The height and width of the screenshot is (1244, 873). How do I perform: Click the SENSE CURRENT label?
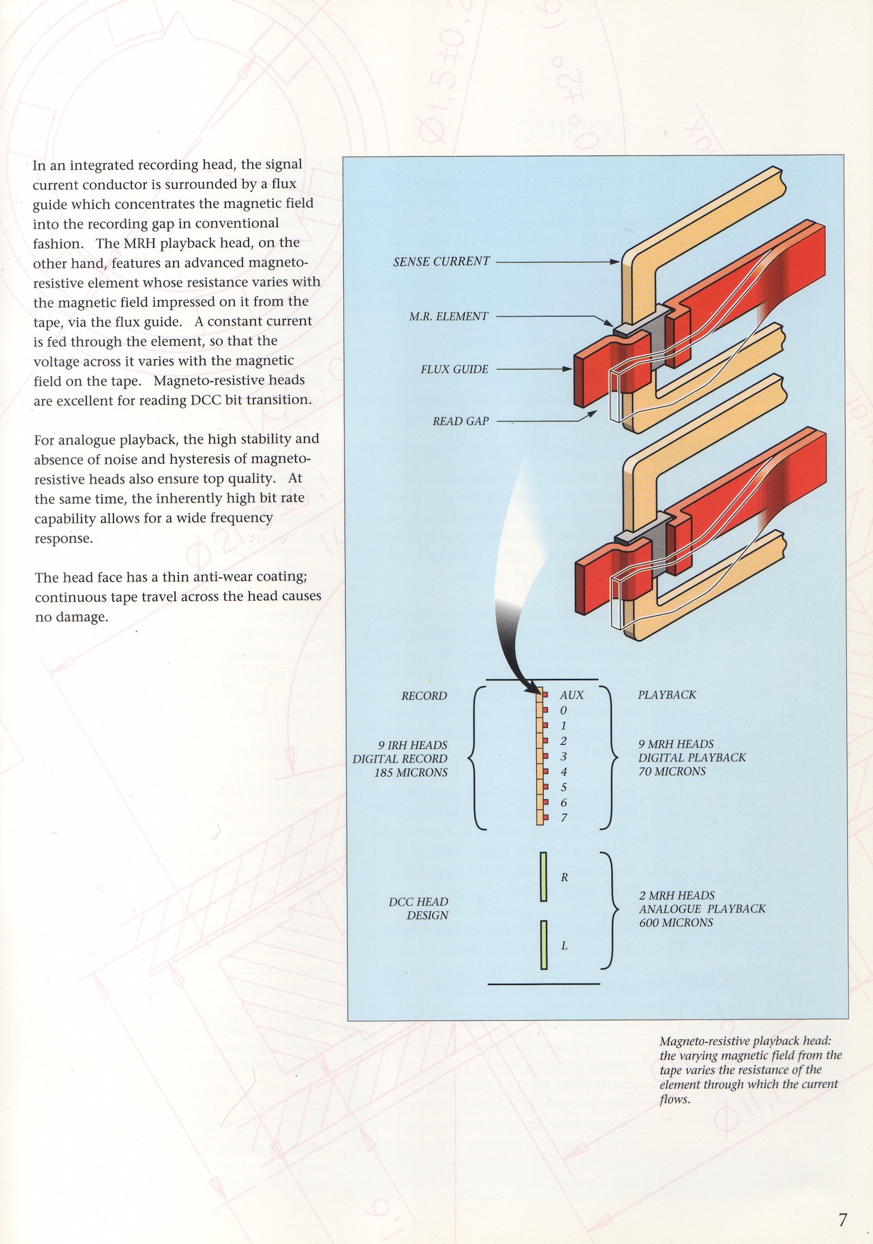click(441, 261)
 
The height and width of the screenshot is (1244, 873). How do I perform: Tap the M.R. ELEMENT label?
click(449, 316)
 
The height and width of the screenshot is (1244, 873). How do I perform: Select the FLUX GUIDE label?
click(454, 370)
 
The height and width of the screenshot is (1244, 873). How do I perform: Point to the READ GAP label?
click(460, 421)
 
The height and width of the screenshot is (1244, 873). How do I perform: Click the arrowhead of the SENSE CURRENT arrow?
click(615, 262)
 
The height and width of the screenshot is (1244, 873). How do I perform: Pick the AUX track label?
click(572, 695)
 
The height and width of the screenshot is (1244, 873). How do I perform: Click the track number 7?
click(564, 818)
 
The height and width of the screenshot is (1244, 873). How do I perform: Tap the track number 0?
click(563, 711)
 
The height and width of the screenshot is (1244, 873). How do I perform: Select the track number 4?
click(564, 772)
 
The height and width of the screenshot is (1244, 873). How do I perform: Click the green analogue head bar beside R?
click(544, 876)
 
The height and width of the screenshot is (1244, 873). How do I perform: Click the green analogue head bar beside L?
click(544, 945)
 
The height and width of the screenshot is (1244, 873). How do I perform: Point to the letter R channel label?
click(565, 878)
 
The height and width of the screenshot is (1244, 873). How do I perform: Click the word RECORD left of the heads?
click(424, 696)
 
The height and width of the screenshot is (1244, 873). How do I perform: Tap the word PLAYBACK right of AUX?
click(667, 695)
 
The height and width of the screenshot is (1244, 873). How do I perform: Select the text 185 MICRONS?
click(411, 773)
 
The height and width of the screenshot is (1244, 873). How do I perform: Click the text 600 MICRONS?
click(676, 923)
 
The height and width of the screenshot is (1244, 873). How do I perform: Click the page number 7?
click(843, 1219)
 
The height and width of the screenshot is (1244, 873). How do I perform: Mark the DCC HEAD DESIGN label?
click(419, 908)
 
